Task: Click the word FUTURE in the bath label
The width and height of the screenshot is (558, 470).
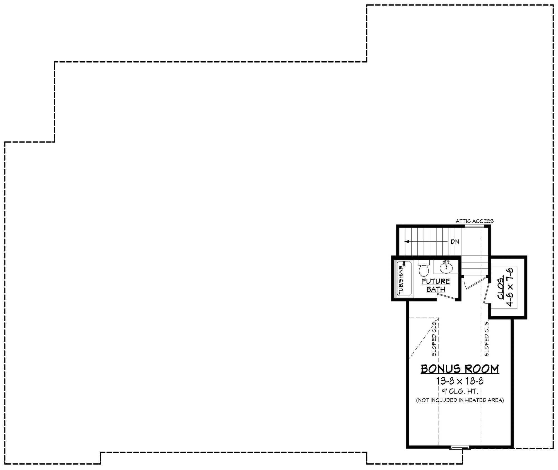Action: pos(436,281)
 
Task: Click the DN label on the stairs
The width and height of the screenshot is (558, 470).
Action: pos(455,242)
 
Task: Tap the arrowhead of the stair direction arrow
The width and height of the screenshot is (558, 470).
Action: pos(407,242)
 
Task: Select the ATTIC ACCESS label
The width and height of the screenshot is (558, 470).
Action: pos(474,221)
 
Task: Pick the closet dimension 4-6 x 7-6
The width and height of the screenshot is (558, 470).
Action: pos(510,287)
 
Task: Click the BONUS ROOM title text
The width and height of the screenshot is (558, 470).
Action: pos(460,369)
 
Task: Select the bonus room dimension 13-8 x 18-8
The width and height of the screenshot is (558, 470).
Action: pos(460,381)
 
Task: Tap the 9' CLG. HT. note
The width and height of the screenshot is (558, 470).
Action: pos(460,391)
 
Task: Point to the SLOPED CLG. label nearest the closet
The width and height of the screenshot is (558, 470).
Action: pos(487,338)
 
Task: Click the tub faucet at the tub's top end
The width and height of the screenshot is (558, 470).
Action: pos(404,264)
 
